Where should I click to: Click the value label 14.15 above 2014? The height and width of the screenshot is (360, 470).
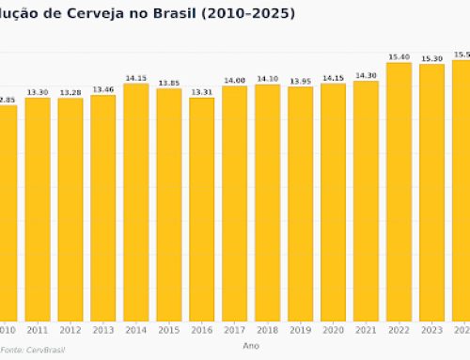click(x=136, y=78)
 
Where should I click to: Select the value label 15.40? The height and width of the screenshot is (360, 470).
click(x=399, y=57)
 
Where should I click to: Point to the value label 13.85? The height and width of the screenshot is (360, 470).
click(x=169, y=83)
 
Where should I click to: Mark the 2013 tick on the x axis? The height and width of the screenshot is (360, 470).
click(x=103, y=330)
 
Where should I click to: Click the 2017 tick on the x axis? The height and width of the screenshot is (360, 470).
click(x=235, y=330)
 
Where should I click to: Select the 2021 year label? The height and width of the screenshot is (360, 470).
click(x=366, y=330)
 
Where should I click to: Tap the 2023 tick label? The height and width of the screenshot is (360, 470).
click(x=431, y=330)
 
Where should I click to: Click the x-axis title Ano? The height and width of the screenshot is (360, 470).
click(x=251, y=345)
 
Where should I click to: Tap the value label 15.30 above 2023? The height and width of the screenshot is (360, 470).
click(x=431, y=59)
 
